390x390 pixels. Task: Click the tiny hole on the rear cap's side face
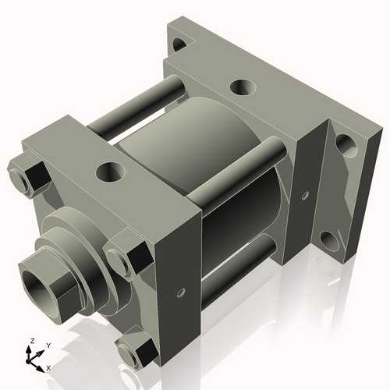pos(305,193)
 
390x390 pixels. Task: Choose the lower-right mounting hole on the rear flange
pos(331,239)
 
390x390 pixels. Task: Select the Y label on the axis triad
pos(48,344)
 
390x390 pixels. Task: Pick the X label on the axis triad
pos(48,366)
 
